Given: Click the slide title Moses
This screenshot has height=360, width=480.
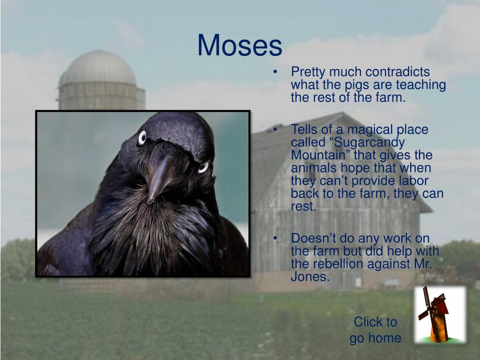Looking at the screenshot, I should (x=240, y=46).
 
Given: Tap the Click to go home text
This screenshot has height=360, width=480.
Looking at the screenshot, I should (x=375, y=330).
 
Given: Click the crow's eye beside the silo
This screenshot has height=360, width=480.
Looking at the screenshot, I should (x=142, y=137).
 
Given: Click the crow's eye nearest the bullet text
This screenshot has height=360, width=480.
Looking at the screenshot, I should (x=203, y=167).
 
